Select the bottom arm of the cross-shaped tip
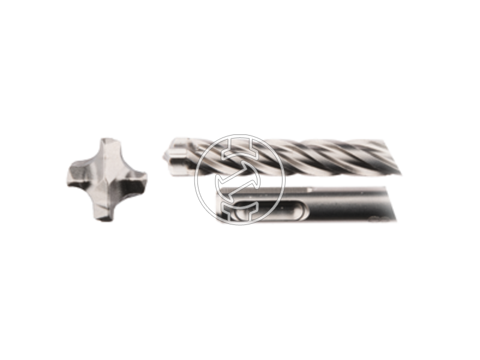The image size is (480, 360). pos(103,211)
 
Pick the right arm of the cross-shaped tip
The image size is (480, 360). pos(138,179)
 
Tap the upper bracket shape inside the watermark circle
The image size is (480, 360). pos(240,148)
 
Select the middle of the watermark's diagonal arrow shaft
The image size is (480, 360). pos(240,179)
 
